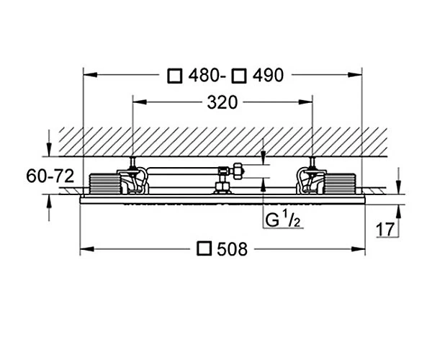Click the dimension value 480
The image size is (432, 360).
pos(204,75)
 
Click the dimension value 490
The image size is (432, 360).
pos(268,75)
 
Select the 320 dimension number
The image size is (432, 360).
pos(222,102)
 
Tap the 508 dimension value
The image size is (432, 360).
pos(233,249)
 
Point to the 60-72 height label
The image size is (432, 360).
pos(50,176)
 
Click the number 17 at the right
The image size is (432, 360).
pos(385,230)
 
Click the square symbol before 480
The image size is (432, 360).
pos(175,76)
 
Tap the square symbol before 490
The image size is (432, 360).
pos(238,76)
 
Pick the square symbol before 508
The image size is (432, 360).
pos(204,248)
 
